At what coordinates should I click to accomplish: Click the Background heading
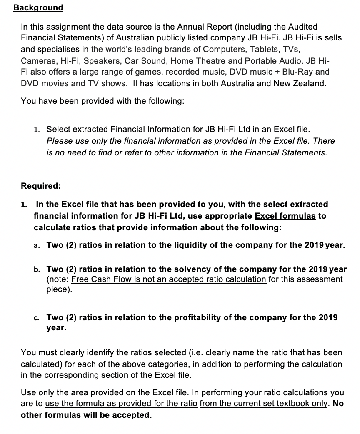(38, 7)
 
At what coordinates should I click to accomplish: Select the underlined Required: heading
(41, 186)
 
